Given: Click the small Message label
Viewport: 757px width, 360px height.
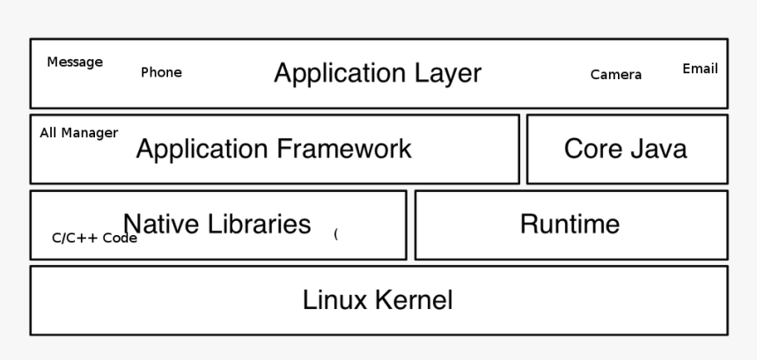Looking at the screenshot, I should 75,62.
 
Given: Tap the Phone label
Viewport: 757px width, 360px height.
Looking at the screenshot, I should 161,73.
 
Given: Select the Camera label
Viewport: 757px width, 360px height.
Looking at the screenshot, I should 615,75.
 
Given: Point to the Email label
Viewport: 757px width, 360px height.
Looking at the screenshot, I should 700,69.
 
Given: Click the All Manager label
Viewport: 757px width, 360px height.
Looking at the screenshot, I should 78,133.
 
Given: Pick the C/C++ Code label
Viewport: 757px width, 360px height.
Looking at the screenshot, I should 94,238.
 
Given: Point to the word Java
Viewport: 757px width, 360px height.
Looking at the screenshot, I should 657,149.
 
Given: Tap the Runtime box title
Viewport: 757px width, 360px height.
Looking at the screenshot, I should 570,224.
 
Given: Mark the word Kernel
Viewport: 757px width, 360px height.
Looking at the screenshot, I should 414,300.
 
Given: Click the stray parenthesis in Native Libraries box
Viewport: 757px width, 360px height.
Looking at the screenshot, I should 335,234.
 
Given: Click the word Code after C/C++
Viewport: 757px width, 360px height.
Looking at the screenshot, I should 120,238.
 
